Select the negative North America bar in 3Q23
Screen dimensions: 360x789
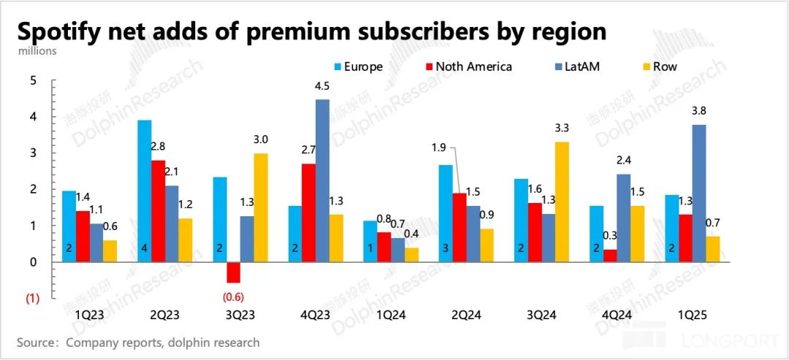pos(233,272)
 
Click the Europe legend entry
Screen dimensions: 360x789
pos(357,67)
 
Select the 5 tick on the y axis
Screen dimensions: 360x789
pos(32,80)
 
